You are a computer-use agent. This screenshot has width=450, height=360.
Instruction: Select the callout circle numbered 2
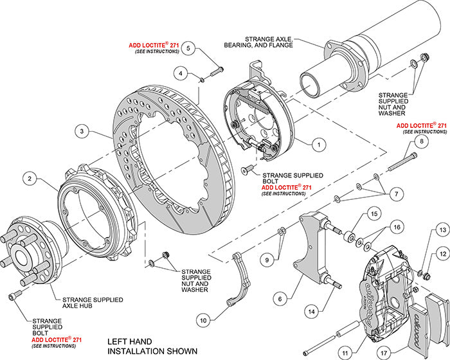point(29,178)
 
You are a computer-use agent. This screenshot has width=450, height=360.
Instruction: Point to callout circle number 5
point(188,48)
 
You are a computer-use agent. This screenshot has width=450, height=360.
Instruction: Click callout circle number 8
point(421,141)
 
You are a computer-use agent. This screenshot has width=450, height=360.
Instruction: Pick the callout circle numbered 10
point(203,319)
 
